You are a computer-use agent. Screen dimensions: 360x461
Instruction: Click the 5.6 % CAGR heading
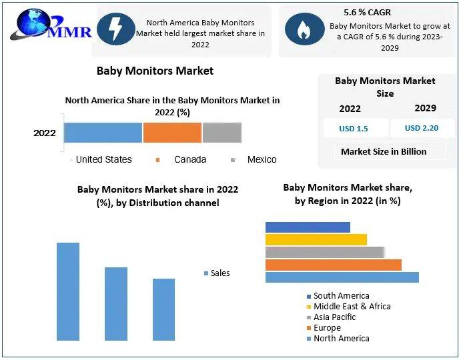pyautogui.click(x=367, y=13)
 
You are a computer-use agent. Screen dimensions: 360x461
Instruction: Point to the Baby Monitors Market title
pyautogui.click(x=155, y=70)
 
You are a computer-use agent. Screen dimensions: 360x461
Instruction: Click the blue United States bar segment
pyautogui.click(x=103, y=133)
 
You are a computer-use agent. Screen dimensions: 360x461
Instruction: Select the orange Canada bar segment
pyautogui.click(x=172, y=133)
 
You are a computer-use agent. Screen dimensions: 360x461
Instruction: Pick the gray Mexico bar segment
pyautogui.click(x=221, y=133)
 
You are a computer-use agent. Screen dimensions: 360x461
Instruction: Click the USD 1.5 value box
pyautogui.click(x=353, y=129)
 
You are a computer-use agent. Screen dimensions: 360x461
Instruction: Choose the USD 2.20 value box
pyautogui.click(x=422, y=128)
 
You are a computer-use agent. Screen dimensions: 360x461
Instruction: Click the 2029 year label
pyautogui.click(x=425, y=108)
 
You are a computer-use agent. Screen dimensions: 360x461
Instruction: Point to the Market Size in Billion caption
pyautogui.click(x=383, y=151)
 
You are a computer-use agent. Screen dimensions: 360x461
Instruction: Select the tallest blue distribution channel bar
pyautogui.click(x=68, y=291)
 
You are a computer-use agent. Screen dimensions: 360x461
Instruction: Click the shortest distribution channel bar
pyautogui.click(x=163, y=309)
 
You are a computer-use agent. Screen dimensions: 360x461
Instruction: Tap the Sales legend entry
pyautogui.click(x=219, y=273)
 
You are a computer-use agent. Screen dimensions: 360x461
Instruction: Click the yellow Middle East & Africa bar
pyautogui.click(x=316, y=239)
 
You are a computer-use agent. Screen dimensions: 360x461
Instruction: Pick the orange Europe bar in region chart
pyautogui.click(x=333, y=265)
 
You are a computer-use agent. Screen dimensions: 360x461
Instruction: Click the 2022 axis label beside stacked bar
pyautogui.click(x=45, y=133)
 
